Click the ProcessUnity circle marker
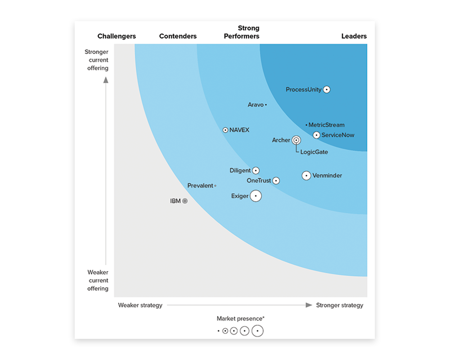click(327, 90)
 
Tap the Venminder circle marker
click(306, 175)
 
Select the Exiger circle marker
click(256, 196)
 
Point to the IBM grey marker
click(185, 201)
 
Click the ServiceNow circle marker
click(316, 135)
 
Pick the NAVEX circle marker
click(225, 130)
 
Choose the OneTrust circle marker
click(276, 181)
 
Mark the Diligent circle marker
click(256, 171)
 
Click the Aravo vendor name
click(256, 105)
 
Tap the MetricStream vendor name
click(327, 125)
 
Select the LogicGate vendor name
click(314, 152)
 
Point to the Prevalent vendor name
click(200, 186)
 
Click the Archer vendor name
click(281, 140)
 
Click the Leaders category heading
click(354, 36)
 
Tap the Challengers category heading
click(117, 36)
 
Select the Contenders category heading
click(178, 36)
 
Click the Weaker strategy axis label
click(140, 305)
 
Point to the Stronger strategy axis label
click(339, 305)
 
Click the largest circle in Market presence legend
click(257, 331)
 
